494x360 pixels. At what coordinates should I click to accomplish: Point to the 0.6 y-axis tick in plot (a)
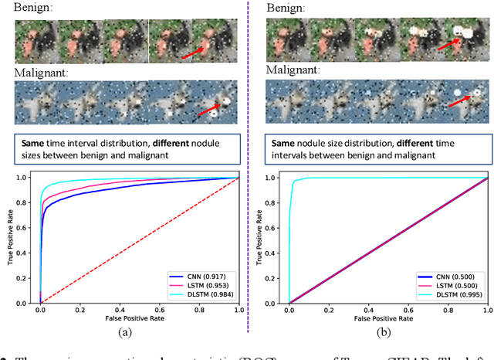pos(24,229)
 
